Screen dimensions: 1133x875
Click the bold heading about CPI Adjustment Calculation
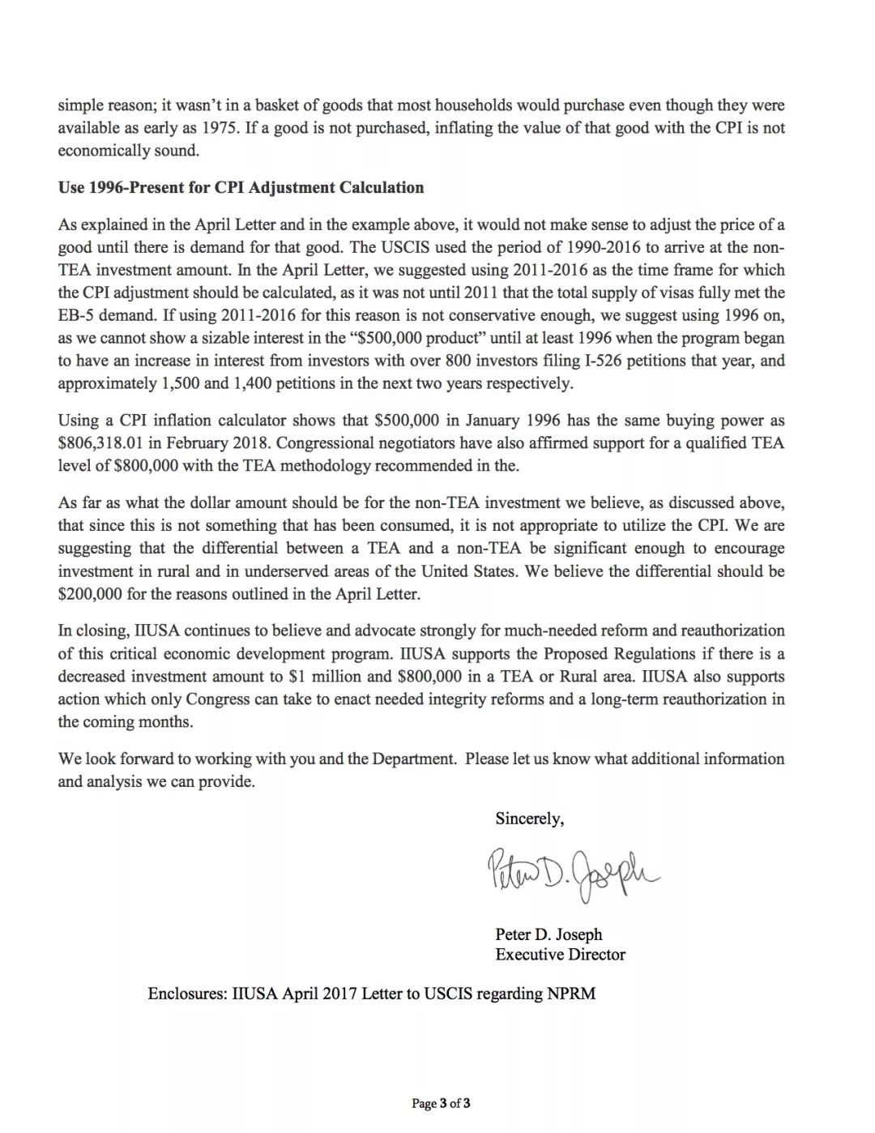point(241,188)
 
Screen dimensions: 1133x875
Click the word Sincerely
point(529,819)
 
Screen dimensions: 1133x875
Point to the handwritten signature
point(572,873)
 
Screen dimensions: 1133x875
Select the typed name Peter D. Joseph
point(548,934)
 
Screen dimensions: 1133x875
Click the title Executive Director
point(560,955)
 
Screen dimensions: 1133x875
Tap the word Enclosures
point(187,994)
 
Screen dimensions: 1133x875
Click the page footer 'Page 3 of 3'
point(441,1103)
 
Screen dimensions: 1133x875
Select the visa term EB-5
point(78,315)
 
